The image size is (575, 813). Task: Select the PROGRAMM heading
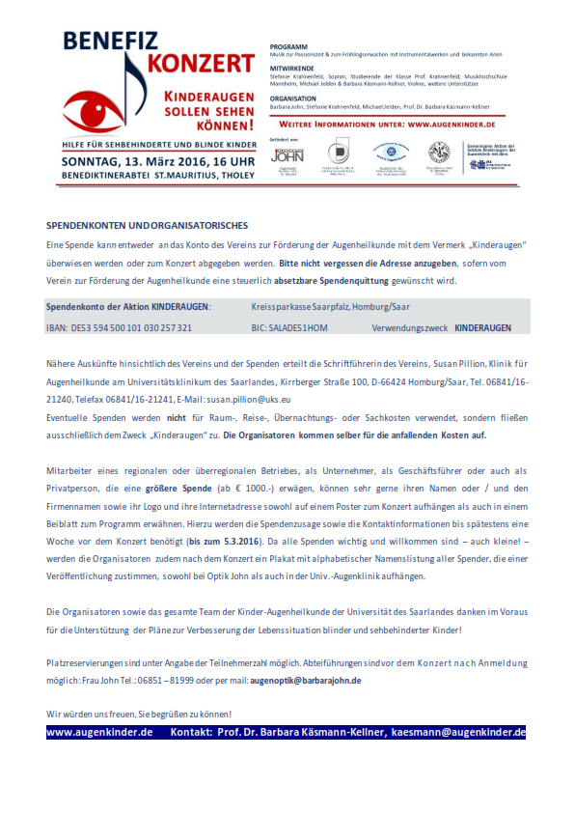(x=287, y=46)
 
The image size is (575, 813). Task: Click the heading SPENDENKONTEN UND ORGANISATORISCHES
(x=147, y=225)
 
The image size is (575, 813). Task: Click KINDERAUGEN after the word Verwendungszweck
(x=483, y=328)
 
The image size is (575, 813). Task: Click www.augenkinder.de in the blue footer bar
(x=100, y=733)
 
